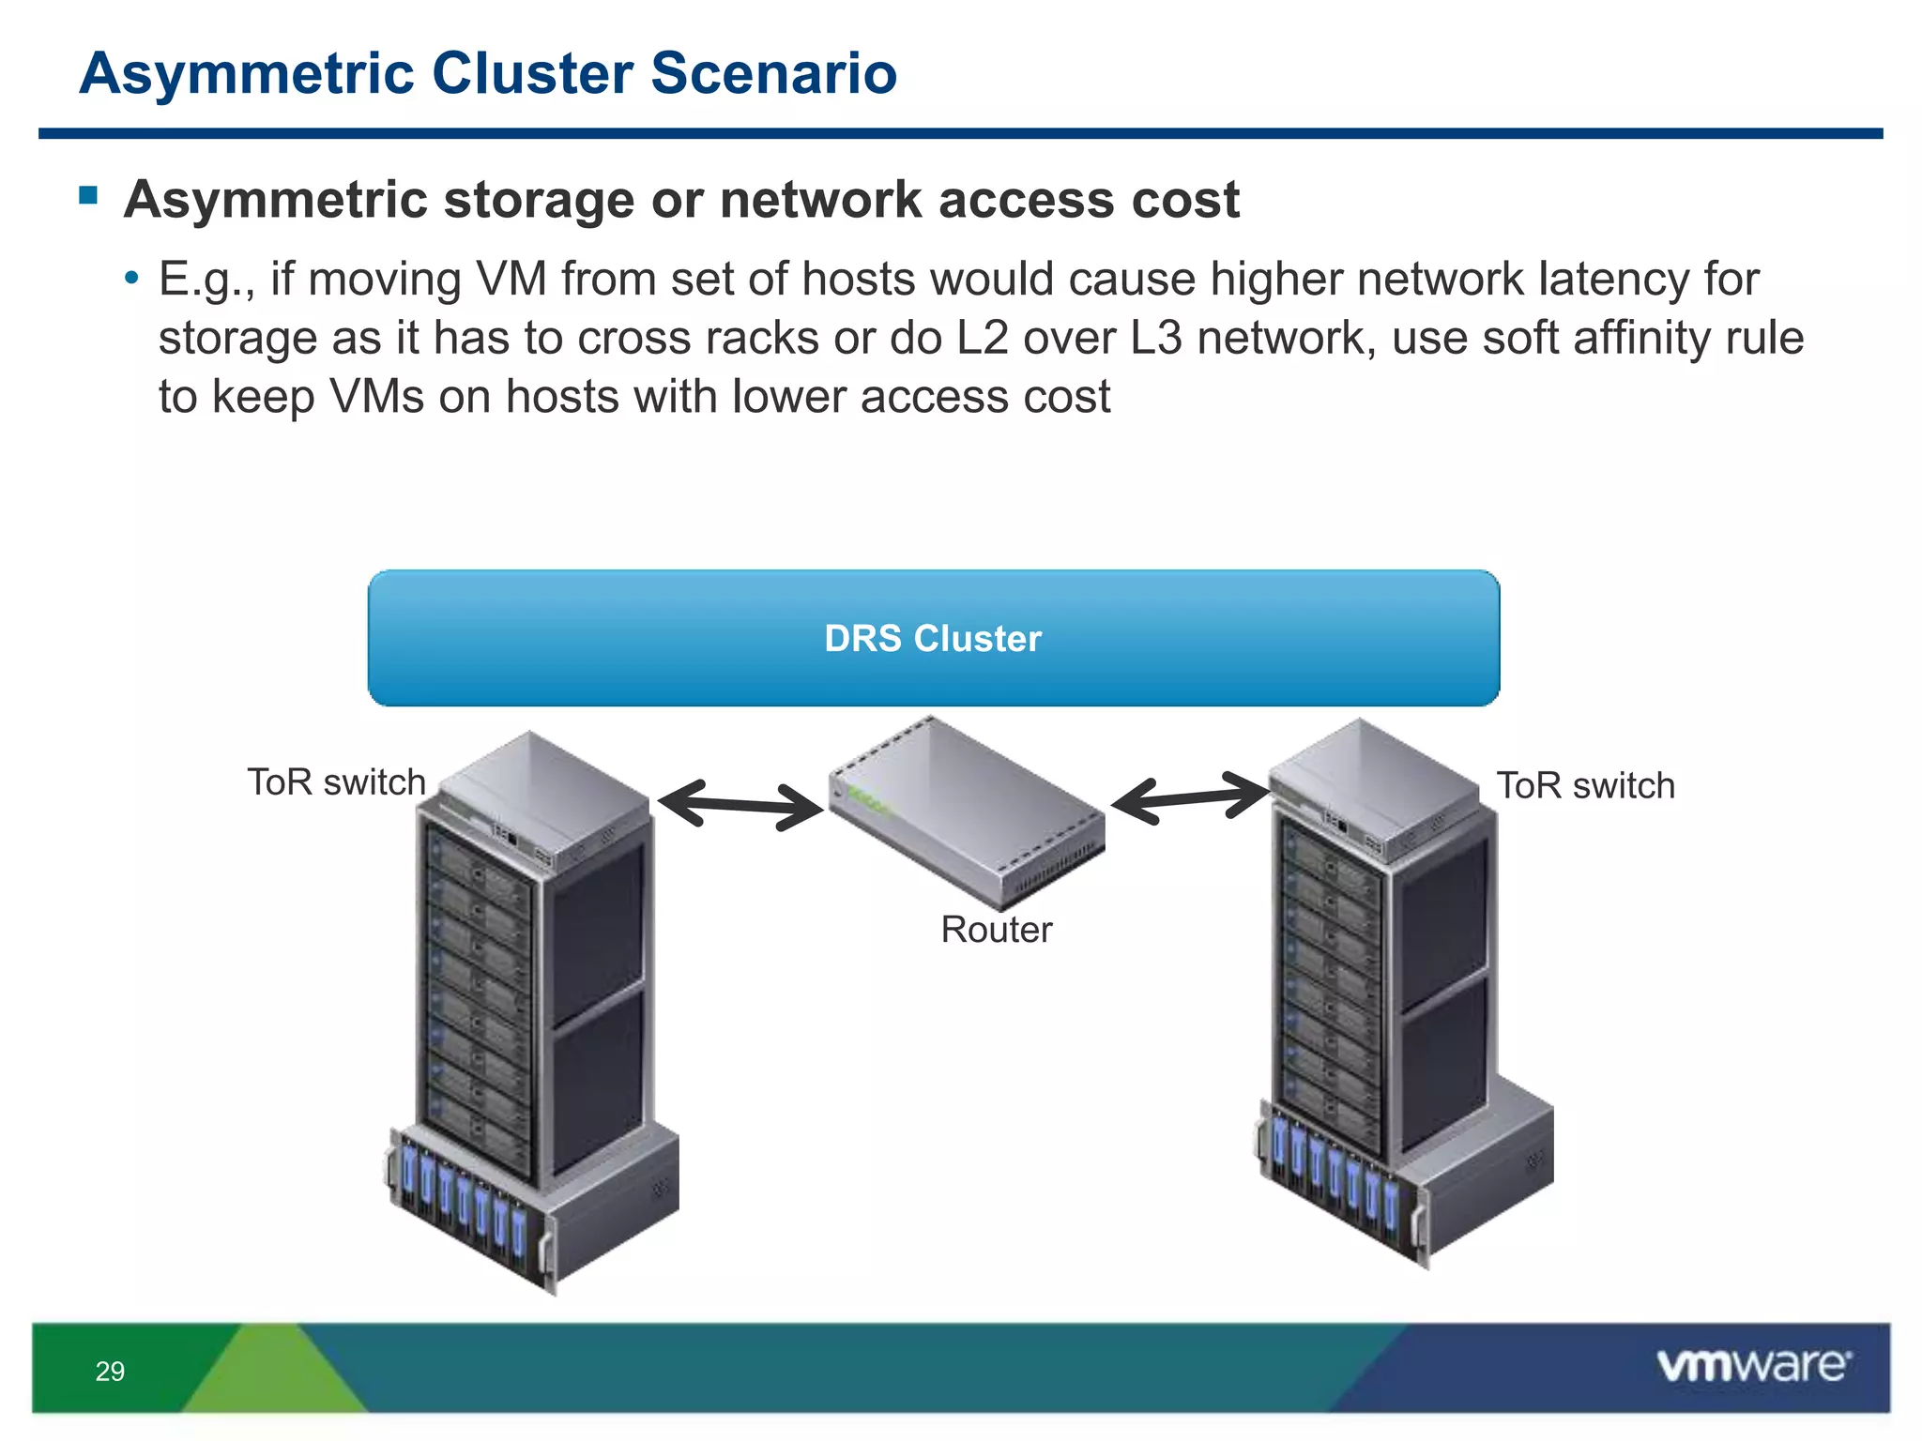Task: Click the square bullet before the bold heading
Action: [89, 195]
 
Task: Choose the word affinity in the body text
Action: [1630, 338]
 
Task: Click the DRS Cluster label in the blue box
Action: [933, 638]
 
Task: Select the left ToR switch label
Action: [336, 782]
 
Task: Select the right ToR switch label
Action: [1585, 786]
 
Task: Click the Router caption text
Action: [997, 930]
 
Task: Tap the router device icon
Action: [967, 812]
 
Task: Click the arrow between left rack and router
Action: [740, 804]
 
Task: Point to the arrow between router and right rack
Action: [1190, 798]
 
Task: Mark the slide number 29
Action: [110, 1372]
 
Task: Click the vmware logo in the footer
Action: [1753, 1366]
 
